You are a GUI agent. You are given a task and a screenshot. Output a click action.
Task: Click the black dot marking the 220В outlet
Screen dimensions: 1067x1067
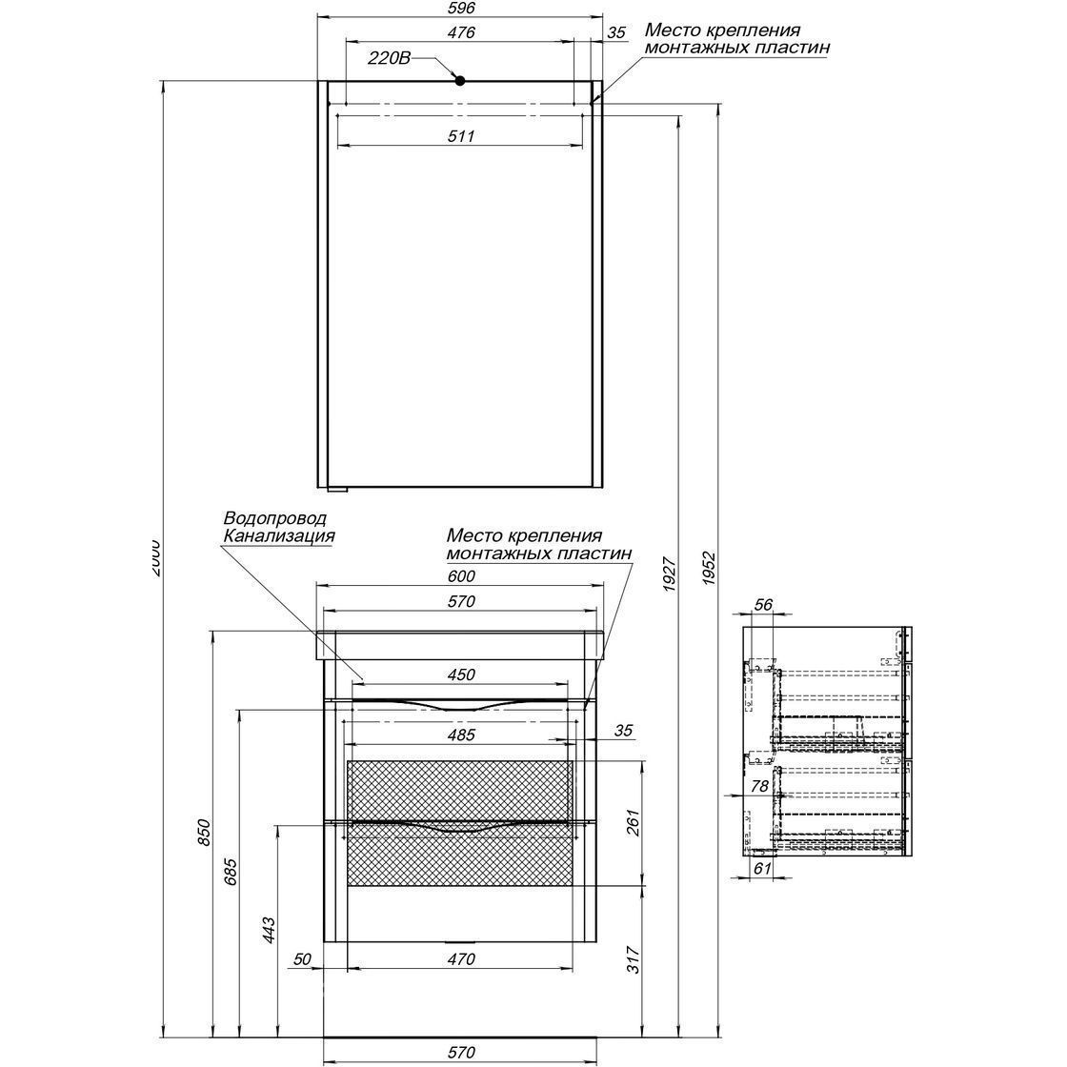tap(459, 80)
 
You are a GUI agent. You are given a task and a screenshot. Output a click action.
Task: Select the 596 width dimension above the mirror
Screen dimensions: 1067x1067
tap(460, 9)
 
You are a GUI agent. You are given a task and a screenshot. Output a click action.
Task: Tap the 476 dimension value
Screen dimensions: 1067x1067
tap(460, 33)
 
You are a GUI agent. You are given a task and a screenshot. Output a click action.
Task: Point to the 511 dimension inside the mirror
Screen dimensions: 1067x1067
tap(460, 136)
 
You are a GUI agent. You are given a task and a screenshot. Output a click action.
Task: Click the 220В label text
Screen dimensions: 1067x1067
tap(389, 58)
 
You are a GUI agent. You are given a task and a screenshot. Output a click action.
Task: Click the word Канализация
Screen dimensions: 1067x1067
tap(278, 535)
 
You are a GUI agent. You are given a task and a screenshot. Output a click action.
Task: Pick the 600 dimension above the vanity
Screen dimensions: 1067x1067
tap(460, 575)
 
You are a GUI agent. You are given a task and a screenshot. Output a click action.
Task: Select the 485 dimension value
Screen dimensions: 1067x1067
tap(460, 735)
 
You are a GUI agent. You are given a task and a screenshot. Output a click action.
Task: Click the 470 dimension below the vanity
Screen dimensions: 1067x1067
tap(460, 959)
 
